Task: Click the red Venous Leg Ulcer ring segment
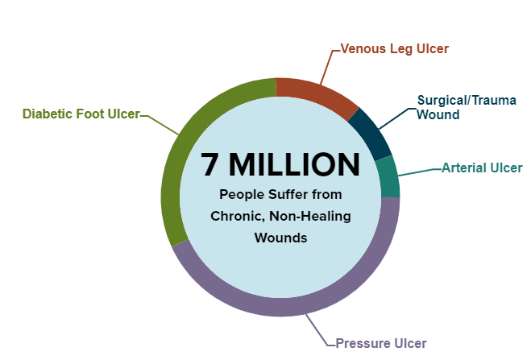[316, 93]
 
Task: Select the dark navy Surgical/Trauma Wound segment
[372, 131]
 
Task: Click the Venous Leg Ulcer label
[394, 48]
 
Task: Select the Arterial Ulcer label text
[482, 168]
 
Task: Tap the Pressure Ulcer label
[382, 343]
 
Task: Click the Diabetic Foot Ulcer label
[81, 114]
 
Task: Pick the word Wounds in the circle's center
[280, 238]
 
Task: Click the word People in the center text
[239, 195]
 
